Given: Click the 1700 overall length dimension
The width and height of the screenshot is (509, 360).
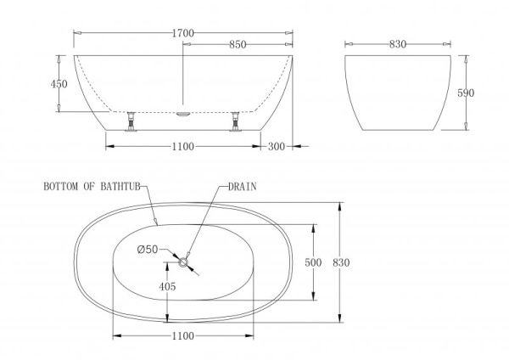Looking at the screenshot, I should (184, 33).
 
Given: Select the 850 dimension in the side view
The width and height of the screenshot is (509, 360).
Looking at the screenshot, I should (238, 44).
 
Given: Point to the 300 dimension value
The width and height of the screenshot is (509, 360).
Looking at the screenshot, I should (276, 147).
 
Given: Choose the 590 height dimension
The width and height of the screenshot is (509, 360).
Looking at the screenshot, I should (478, 93).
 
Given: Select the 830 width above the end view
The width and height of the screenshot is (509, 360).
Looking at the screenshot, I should (397, 44).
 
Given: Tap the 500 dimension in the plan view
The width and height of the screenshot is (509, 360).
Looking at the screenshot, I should (313, 262).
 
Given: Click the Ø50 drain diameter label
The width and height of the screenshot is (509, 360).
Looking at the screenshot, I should (148, 249).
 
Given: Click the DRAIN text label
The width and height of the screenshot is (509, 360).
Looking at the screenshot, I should (242, 185).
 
